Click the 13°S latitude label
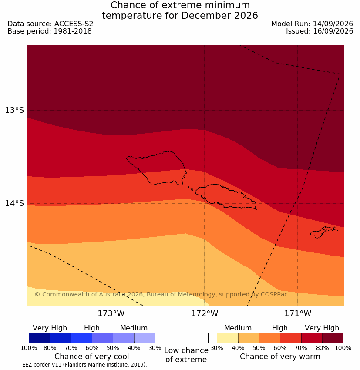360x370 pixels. coord(14,110)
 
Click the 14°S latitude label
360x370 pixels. coord(14,203)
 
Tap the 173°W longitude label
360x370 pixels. coord(111,313)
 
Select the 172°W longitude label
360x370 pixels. coord(205,313)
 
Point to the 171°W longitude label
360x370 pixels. coord(298,313)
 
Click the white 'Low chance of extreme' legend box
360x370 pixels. coord(186,338)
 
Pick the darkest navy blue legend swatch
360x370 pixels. coord(40,338)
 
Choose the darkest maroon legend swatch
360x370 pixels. coord(333,338)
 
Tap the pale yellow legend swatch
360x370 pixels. coord(227,338)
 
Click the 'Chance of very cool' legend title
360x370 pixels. coord(91,357)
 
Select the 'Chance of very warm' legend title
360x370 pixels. coord(280,357)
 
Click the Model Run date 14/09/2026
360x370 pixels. coord(333,24)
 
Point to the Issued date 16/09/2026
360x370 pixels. coord(333,31)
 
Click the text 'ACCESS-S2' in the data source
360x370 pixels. coord(74,24)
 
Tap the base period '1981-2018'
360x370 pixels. coord(73,31)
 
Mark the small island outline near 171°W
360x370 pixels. coord(323,232)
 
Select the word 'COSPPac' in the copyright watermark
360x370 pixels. coord(274,294)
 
